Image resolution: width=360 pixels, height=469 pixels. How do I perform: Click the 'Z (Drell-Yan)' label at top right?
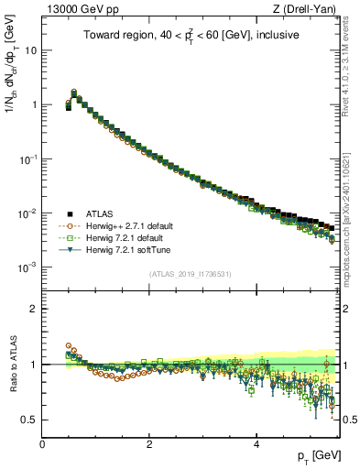coord(308,9)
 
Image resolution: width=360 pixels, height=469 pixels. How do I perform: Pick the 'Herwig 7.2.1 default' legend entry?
coord(123,237)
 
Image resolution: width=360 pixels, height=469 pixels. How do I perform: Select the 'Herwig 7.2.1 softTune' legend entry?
coord(125,249)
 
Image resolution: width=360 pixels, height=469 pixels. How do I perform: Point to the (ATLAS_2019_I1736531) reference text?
coord(189,274)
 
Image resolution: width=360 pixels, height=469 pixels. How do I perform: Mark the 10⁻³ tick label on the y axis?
coord(29,267)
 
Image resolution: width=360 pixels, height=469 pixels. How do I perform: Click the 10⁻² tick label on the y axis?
coord(29,213)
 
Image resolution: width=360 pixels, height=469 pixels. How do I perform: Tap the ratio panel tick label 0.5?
coord(30,420)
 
